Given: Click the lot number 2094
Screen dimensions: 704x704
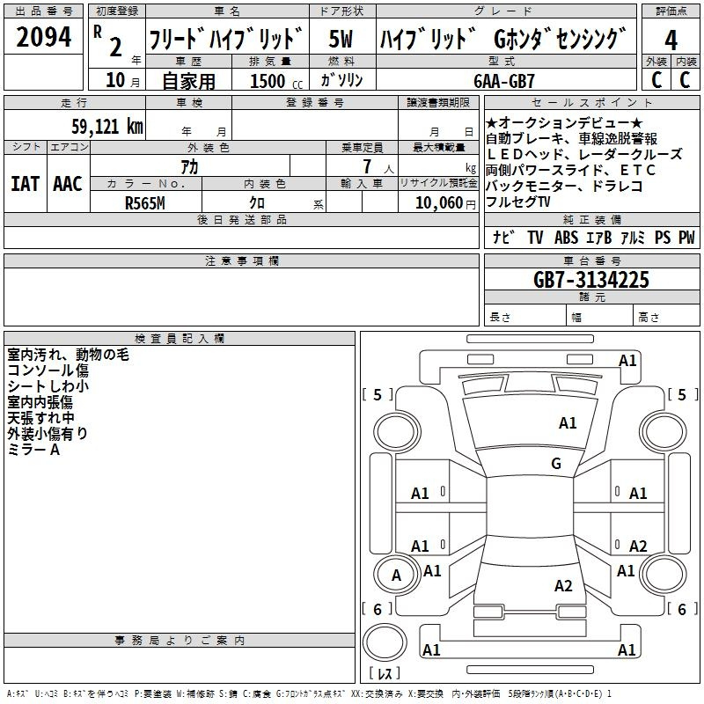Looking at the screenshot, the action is (44, 38).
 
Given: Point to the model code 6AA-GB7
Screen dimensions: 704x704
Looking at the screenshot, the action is (503, 81).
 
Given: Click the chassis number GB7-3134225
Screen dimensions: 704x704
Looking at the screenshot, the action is (591, 280).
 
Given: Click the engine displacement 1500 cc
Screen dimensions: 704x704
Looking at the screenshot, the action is (271, 81).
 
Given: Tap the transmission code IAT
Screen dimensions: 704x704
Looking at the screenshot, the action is (24, 184).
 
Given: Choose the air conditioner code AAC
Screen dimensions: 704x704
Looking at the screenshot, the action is (67, 184).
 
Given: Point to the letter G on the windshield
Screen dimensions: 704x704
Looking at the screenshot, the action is (555, 464).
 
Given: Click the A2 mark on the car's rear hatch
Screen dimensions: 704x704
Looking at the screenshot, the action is (564, 585).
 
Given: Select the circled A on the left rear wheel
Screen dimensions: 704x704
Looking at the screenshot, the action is (396, 576).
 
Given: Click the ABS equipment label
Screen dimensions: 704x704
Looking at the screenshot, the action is (566, 238).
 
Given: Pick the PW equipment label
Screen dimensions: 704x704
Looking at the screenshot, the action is (686, 238).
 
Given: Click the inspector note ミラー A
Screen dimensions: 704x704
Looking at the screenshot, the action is (33, 450).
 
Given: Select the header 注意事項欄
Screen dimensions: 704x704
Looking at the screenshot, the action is (241, 261).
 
